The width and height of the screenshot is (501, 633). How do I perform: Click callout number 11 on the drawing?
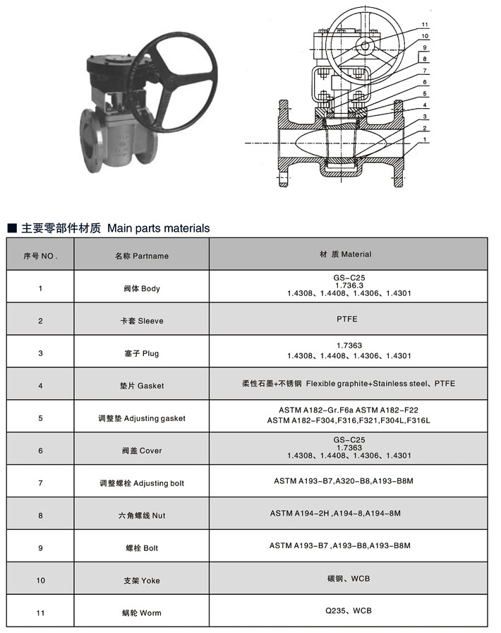click(x=425, y=25)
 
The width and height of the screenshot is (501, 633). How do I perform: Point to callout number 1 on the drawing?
click(x=425, y=140)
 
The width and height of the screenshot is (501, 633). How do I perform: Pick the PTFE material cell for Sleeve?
click(x=346, y=319)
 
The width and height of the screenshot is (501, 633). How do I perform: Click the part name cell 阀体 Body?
click(x=142, y=288)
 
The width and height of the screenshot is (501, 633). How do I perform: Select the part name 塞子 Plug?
click(x=142, y=353)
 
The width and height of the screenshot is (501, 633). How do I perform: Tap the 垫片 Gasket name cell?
click(x=142, y=386)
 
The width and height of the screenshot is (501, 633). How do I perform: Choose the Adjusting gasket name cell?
click(x=142, y=418)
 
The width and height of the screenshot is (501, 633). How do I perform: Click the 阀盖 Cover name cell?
click(x=142, y=450)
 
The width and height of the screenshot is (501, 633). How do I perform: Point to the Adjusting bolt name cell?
click(x=142, y=483)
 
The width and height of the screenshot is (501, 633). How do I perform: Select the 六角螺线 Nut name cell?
click(x=142, y=516)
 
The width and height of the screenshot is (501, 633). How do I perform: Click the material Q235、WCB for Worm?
click(x=348, y=611)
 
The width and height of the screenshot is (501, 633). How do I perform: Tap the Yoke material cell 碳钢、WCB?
click(x=348, y=579)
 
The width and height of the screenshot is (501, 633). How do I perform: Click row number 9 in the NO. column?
click(x=40, y=548)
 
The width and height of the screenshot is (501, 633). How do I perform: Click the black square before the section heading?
click(x=11, y=229)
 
